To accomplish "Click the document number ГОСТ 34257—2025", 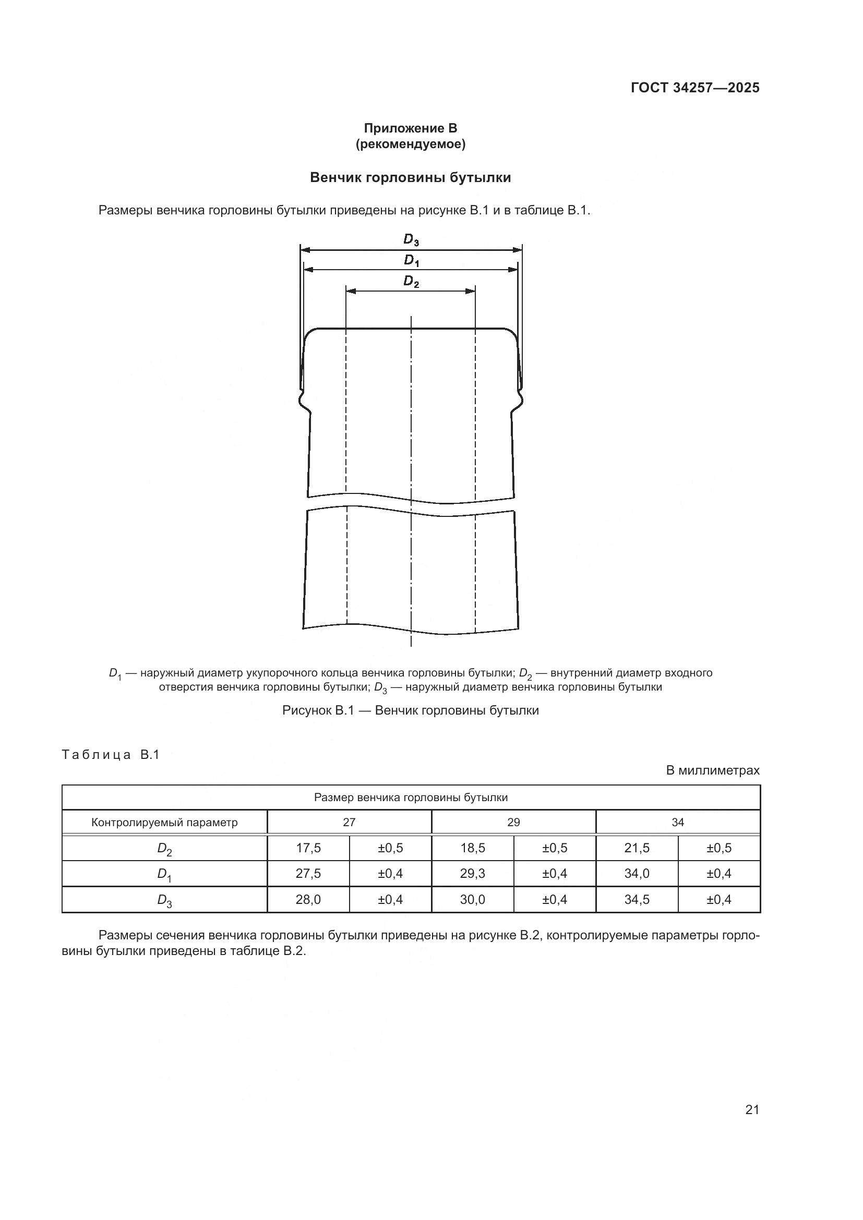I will pos(695,88).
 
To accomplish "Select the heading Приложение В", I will pos(410,128).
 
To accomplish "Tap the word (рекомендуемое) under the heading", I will pos(410,144).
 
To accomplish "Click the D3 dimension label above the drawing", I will pos(411,240).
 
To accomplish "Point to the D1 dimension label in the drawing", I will pos(411,260).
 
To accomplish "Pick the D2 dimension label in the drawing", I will pos(411,281).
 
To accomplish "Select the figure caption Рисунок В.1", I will pos(410,710).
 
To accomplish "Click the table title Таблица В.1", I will pos(111,755).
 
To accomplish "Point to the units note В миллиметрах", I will pos(713,770).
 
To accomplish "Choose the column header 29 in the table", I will pos(513,823).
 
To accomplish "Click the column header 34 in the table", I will pos(678,823).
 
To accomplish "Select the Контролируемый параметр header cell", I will pos(164,823).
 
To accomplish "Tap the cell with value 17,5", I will pos(308,848).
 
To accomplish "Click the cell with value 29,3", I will pos(472,874).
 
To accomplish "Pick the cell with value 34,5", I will pos(637,900).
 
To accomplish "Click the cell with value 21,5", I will pos(637,848).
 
